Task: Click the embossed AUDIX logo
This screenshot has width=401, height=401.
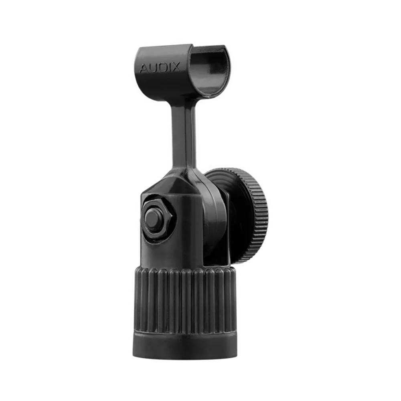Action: (x=160, y=67)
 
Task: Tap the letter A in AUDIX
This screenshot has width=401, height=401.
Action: (x=144, y=69)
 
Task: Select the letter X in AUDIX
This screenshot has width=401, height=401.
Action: (x=176, y=67)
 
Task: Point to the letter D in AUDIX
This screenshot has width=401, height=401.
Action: (x=162, y=67)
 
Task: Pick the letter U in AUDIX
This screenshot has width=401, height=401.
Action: (x=153, y=68)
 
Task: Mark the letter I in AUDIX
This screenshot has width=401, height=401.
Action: (x=168, y=67)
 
